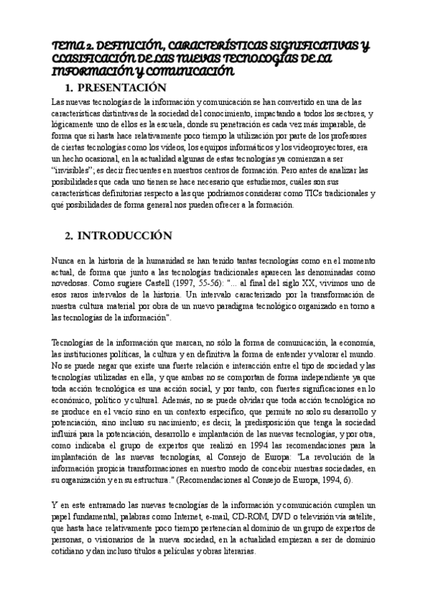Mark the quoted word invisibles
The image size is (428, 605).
click(x=74, y=171)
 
